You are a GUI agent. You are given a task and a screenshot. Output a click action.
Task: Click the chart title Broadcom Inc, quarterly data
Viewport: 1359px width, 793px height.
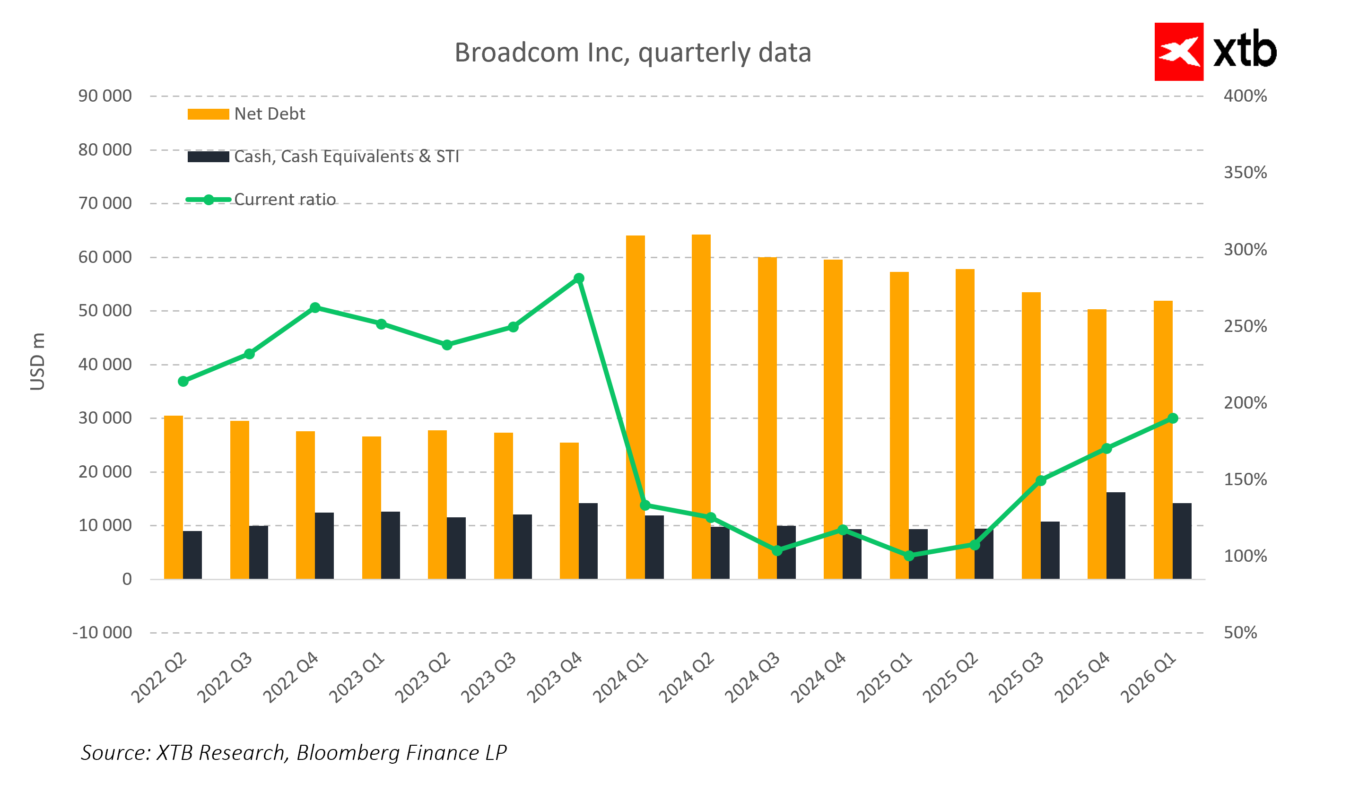[633, 53]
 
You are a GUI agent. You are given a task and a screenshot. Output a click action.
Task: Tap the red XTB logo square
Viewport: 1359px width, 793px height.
[1178, 52]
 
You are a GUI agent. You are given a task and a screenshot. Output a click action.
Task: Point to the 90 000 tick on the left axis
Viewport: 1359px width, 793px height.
[105, 96]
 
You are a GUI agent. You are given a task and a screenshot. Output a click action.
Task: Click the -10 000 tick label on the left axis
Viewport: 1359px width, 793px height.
[102, 632]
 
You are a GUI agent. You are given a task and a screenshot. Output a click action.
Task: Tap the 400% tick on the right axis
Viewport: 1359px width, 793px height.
[1245, 96]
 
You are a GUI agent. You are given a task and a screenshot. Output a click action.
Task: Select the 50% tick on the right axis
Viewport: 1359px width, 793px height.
[1240, 632]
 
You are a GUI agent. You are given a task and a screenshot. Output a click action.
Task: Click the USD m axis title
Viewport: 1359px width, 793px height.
[37, 361]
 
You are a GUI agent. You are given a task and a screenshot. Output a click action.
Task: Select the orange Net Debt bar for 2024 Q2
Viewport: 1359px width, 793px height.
[701, 407]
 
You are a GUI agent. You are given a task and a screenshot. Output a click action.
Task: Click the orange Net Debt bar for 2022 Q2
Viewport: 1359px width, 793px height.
[173, 497]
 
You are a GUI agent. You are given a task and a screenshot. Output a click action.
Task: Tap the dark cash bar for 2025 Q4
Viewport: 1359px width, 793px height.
[1116, 535]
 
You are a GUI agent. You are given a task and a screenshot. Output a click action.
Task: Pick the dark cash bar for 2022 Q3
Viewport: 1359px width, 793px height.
[258, 552]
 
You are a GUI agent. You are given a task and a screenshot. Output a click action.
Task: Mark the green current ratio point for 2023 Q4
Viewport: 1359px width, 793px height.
[579, 279]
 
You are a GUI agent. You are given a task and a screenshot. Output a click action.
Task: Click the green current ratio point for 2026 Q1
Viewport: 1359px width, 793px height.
[1172, 418]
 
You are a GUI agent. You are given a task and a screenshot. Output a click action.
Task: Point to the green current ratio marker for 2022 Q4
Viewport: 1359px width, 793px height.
[315, 307]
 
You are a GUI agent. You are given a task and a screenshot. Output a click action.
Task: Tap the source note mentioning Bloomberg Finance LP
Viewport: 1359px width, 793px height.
[294, 752]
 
